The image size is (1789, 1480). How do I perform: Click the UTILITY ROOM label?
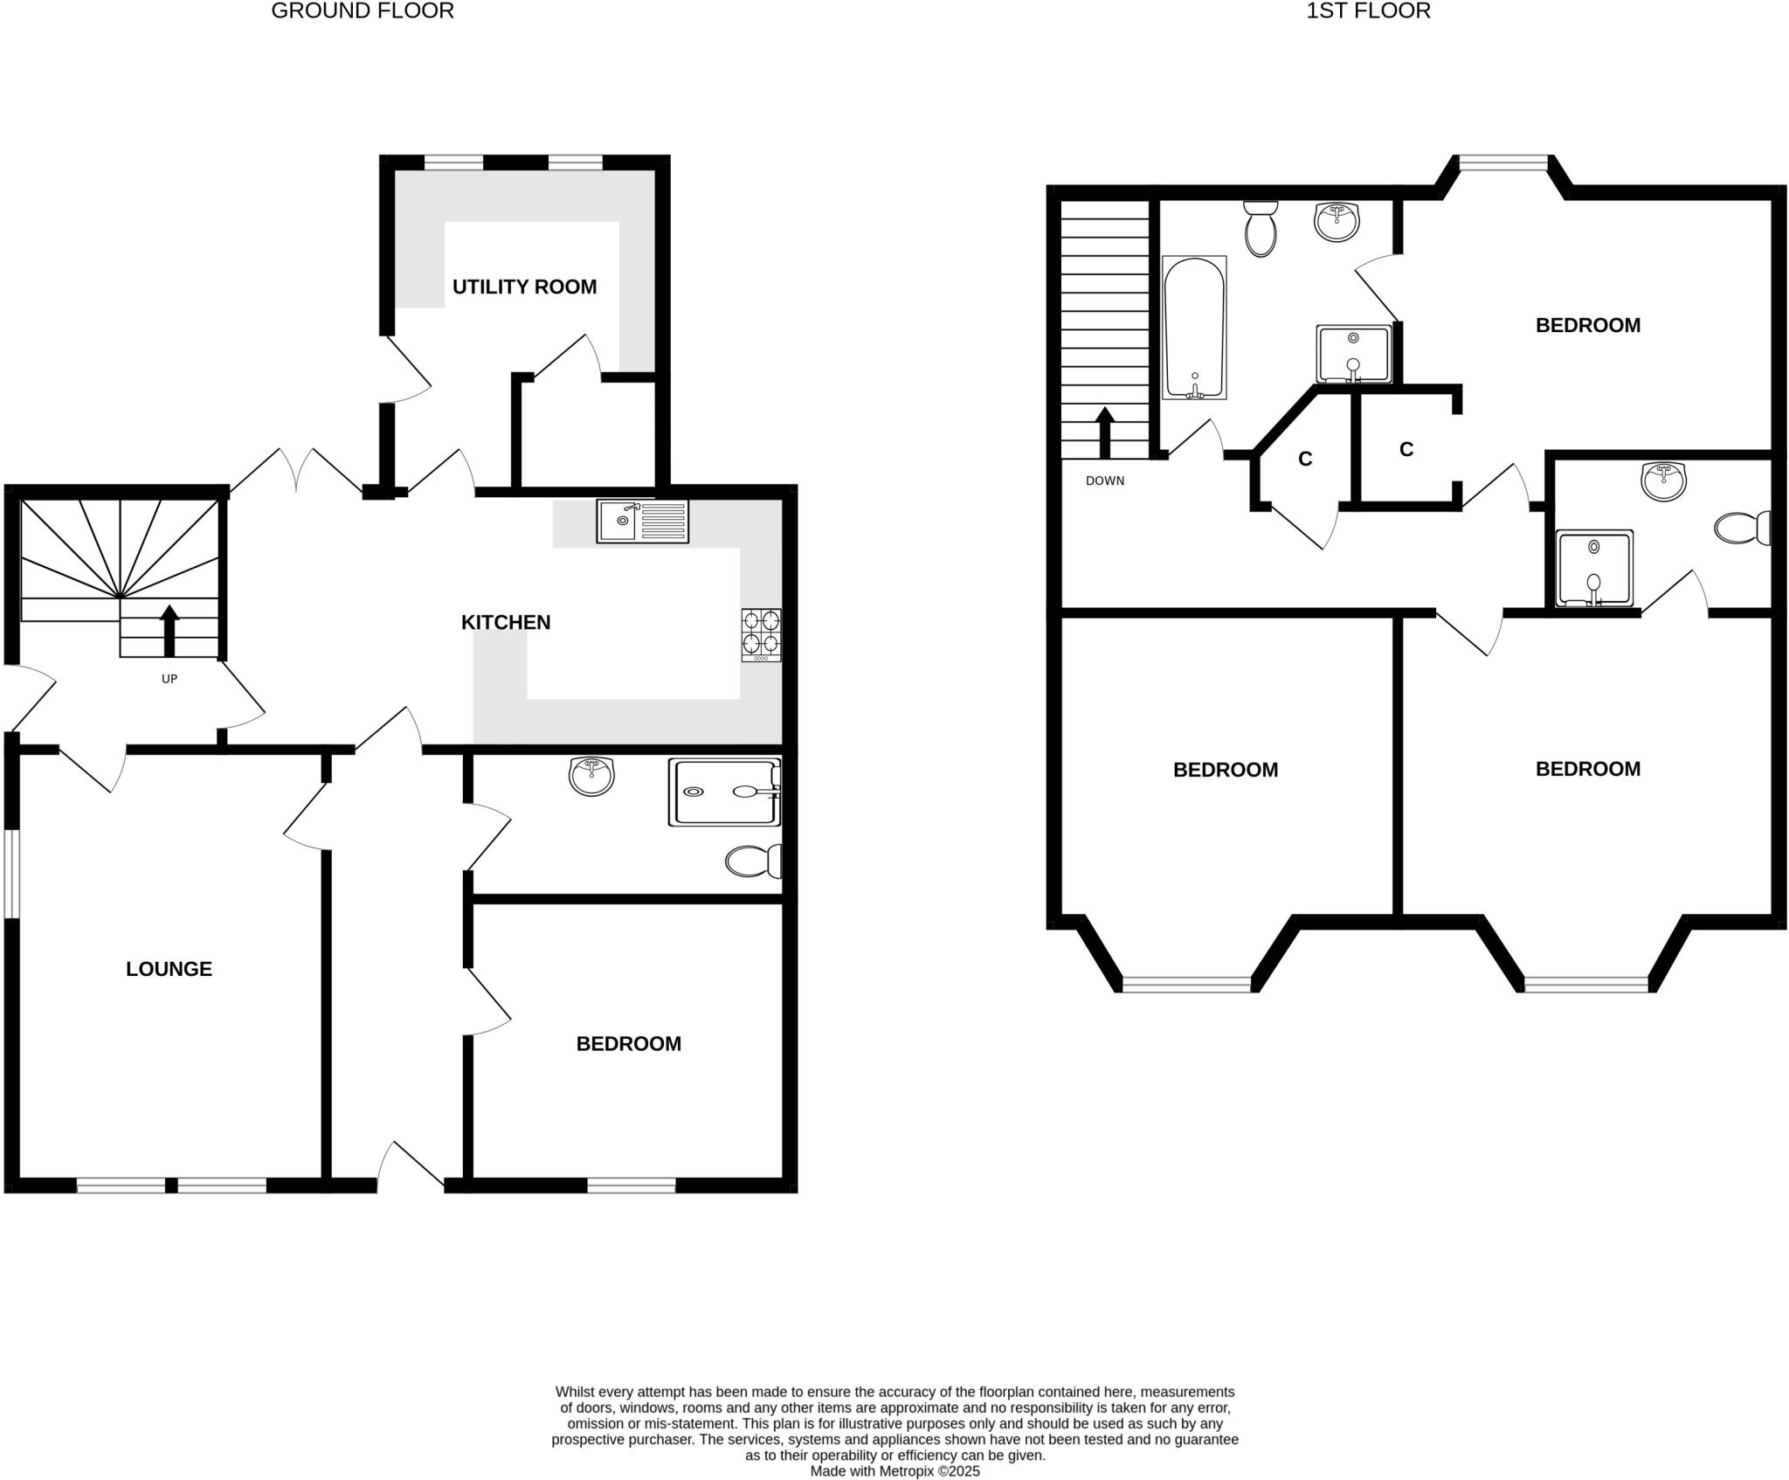[524, 287]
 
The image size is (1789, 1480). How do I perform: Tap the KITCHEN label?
[506, 622]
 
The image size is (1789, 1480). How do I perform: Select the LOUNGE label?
[169, 969]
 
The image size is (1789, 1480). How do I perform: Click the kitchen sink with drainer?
[642, 521]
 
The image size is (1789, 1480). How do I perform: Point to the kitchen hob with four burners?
[761, 634]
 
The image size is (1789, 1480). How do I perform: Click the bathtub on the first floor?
[1194, 328]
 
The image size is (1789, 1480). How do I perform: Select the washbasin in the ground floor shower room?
[591, 776]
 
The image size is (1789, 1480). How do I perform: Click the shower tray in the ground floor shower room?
[724, 792]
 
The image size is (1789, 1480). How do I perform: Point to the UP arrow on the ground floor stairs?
[169, 631]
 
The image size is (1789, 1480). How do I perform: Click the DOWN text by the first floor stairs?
[1105, 481]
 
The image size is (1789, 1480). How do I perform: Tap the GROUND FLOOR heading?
[363, 11]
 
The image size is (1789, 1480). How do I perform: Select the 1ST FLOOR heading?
[1368, 11]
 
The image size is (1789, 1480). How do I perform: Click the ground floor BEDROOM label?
[628, 1044]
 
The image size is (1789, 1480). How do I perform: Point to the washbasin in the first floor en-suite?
[1664, 481]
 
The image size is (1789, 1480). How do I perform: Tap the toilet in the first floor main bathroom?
[1261, 228]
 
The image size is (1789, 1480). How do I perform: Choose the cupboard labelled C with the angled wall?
[1305, 460]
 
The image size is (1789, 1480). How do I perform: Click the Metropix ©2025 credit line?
[894, 1471]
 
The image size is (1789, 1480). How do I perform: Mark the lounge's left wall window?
[11, 873]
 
